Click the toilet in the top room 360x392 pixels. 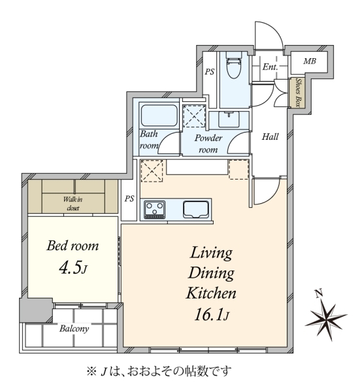(234, 65)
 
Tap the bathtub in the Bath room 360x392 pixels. (159, 115)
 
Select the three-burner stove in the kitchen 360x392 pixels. (154, 209)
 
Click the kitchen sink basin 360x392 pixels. (196, 209)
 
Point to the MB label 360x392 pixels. (310, 61)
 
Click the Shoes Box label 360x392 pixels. (298, 93)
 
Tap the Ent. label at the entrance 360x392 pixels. (270, 67)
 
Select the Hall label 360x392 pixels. (270, 137)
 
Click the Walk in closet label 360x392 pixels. (73, 203)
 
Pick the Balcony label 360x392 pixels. (74, 328)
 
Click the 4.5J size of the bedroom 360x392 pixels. (73, 269)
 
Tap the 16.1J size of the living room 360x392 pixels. (212, 315)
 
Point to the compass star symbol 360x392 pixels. (326, 318)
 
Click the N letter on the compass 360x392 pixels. (318, 293)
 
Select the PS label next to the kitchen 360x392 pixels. (129, 199)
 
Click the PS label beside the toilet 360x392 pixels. (210, 72)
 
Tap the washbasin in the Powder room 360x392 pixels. (229, 120)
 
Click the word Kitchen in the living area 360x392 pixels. (211, 293)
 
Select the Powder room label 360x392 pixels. (208, 144)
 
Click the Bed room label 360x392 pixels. (73, 246)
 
